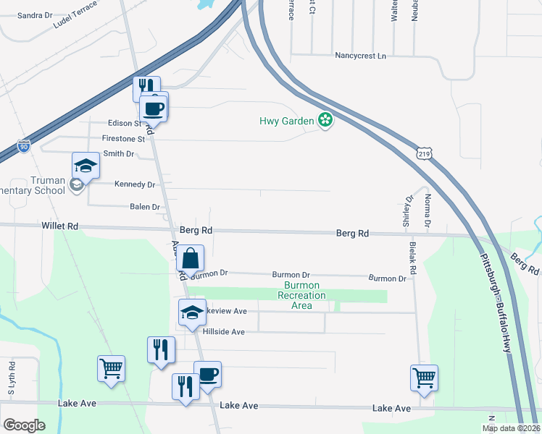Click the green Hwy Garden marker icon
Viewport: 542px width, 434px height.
pos(326,121)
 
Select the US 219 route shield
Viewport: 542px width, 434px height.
pos(424,153)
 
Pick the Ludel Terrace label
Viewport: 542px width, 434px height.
pos(75,20)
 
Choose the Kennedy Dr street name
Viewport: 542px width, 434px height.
pos(135,184)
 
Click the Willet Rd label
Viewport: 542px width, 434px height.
pos(60,226)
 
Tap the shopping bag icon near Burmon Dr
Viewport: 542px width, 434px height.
pos(190,258)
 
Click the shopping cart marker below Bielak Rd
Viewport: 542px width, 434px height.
pos(424,376)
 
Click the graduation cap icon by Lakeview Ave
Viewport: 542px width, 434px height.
pos(193,312)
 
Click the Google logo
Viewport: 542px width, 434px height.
pos(25,425)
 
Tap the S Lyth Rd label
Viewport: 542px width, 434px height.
pos(12,378)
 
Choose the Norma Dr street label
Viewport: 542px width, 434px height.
pos(428,210)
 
